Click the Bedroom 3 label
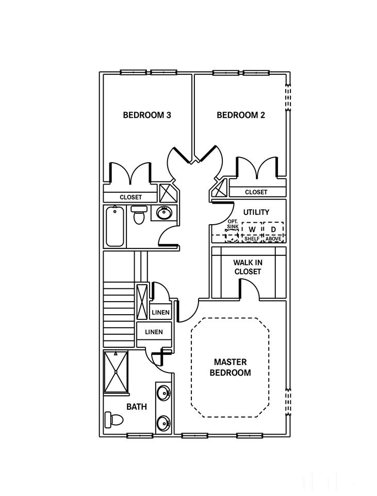(x=147, y=115)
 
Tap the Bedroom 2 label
(x=241, y=115)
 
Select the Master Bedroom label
(x=230, y=367)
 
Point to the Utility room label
(x=256, y=212)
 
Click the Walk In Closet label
(x=248, y=267)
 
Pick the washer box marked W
(x=252, y=229)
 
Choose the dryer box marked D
(x=273, y=229)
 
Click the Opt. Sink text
(x=233, y=224)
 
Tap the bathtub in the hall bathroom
(x=115, y=226)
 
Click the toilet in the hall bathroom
(x=139, y=214)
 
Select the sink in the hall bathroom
(x=163, y=212)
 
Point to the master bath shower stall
(x=116, y=371)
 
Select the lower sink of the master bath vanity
(x=164, y=422)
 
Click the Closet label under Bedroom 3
(x=130, y=197)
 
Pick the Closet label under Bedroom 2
(x=256, y=192)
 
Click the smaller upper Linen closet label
(x=161, y=313)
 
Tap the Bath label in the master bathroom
(x=137, y=407)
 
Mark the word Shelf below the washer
(x=252, y=239)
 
